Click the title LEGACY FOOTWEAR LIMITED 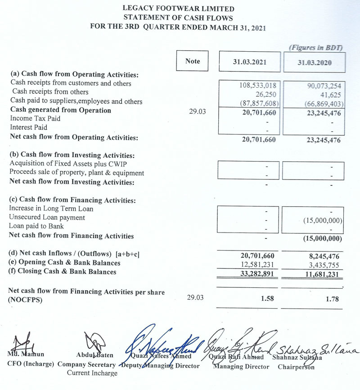[x=178, y=9]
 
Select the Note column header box [x=192, y=61]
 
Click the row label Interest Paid [x=28, y=127]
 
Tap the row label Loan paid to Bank [x=36, y=226]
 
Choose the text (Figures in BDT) [x=315, y=47]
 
